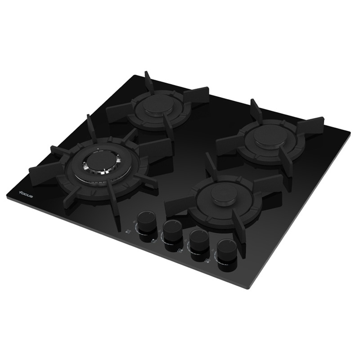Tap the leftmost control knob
tap(145, 222)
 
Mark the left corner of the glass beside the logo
tap(8, 194)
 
